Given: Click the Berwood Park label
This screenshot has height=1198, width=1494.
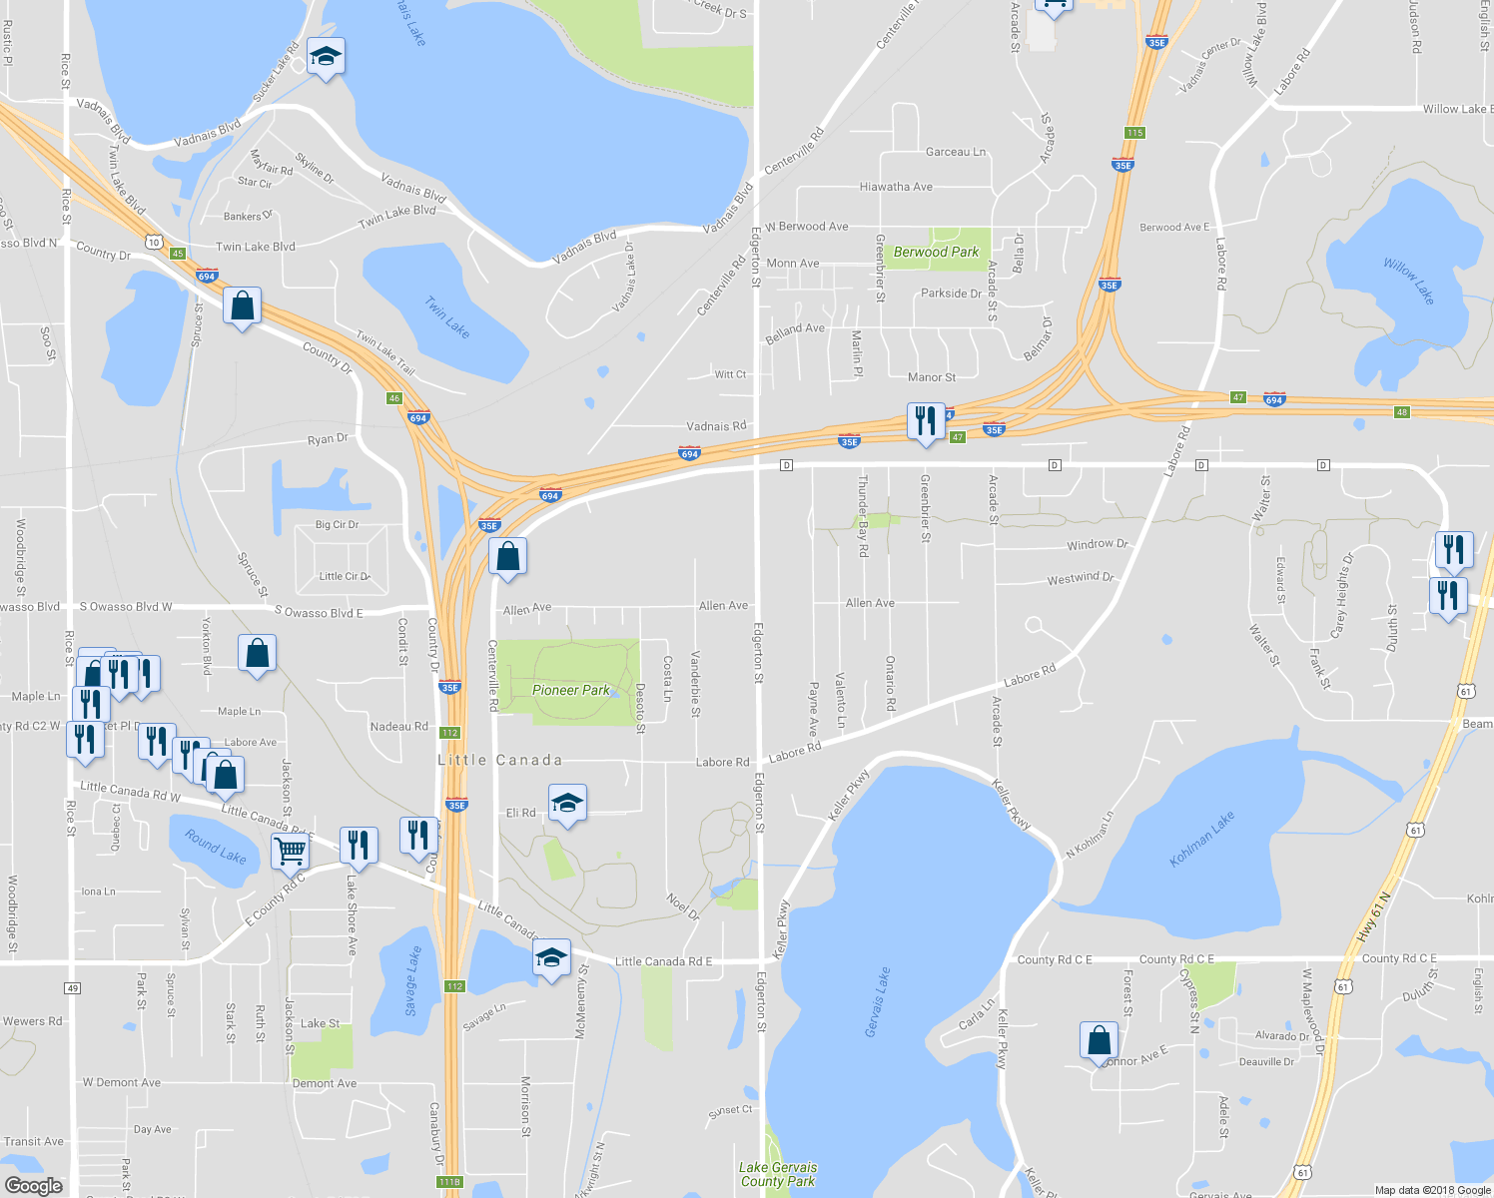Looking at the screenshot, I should (936, 252).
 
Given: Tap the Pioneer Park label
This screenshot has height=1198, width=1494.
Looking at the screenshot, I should (570, 690).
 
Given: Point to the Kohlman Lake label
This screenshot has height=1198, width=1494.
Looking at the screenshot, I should (1202, 838).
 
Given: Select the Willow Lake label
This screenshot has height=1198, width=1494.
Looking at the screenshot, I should (1408, 281).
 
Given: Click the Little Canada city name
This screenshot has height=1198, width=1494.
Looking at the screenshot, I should (499, 760).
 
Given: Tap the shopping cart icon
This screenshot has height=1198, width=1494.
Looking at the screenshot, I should (290, 852).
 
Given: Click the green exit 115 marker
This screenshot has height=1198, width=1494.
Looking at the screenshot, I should (1133, 133).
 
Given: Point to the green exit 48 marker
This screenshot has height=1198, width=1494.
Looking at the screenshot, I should (1402, 412).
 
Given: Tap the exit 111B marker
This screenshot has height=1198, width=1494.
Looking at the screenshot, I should (449, 1182).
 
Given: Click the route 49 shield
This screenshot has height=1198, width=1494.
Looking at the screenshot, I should (72, 988).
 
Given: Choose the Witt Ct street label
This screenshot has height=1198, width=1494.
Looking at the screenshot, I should (730, 374).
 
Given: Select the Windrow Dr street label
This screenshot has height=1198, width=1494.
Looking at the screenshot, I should (1097, 544).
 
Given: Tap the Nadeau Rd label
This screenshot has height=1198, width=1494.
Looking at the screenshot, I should (398, 726).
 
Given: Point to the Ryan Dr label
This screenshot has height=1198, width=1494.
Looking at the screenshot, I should (328, 438).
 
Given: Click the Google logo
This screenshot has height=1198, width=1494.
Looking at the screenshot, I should (33, 1185).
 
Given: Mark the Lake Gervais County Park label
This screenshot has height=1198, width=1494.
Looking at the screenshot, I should (778, 1174).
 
